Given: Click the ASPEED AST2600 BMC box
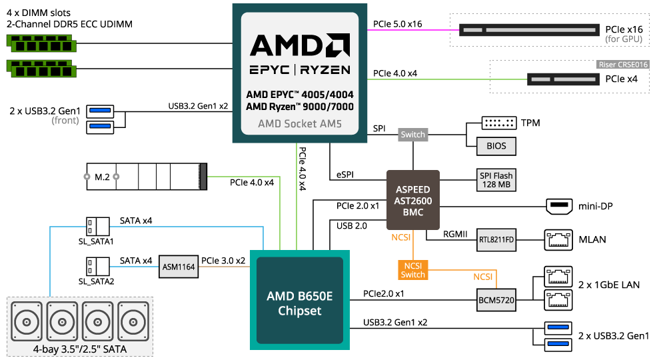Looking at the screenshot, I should tap(413, 200).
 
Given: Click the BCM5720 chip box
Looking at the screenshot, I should tap(496, 300).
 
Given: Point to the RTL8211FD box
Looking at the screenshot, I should tap(496, 239).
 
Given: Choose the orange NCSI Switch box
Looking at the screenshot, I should tap(412, 269).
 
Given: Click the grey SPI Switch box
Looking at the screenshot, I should tap(412, 135).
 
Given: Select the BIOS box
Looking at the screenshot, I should tap(496, 146).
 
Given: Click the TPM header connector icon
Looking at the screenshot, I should tap(499, 123).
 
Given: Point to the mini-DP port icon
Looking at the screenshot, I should tap(558, 206).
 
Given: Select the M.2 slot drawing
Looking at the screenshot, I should tap(147, 177).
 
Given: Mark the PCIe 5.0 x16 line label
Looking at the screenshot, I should tap(398, 25).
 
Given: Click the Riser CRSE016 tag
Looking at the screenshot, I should tap(622, 65).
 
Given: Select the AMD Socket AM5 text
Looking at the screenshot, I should tap(298, 124).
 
